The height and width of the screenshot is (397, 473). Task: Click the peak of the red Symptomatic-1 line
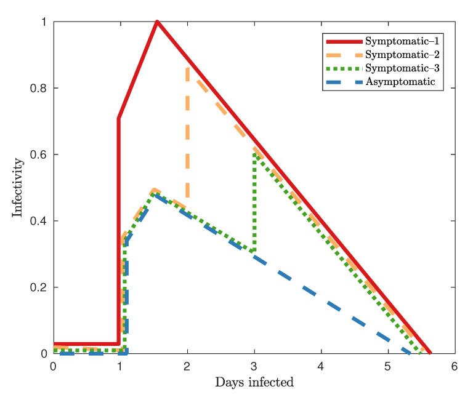(x=158, y=22)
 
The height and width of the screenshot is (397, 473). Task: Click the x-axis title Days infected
(x=254, y=382)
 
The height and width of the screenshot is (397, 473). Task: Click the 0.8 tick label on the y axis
(x=38, y=89)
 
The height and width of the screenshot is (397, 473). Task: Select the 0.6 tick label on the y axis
(x=38, y=155)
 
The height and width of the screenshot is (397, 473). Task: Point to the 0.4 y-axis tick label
(x=38, y=222)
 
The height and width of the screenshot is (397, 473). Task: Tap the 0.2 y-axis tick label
(x=38, y=288)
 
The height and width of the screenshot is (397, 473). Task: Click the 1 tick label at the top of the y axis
(x=42, y=22)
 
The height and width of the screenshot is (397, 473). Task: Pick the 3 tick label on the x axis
(x=254, y=365)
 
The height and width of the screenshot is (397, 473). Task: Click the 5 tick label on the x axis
(x=388, y=365)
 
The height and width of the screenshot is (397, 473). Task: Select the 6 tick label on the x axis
(x=455, y=365)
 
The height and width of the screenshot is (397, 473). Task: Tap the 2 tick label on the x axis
(x=187, y=365)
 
